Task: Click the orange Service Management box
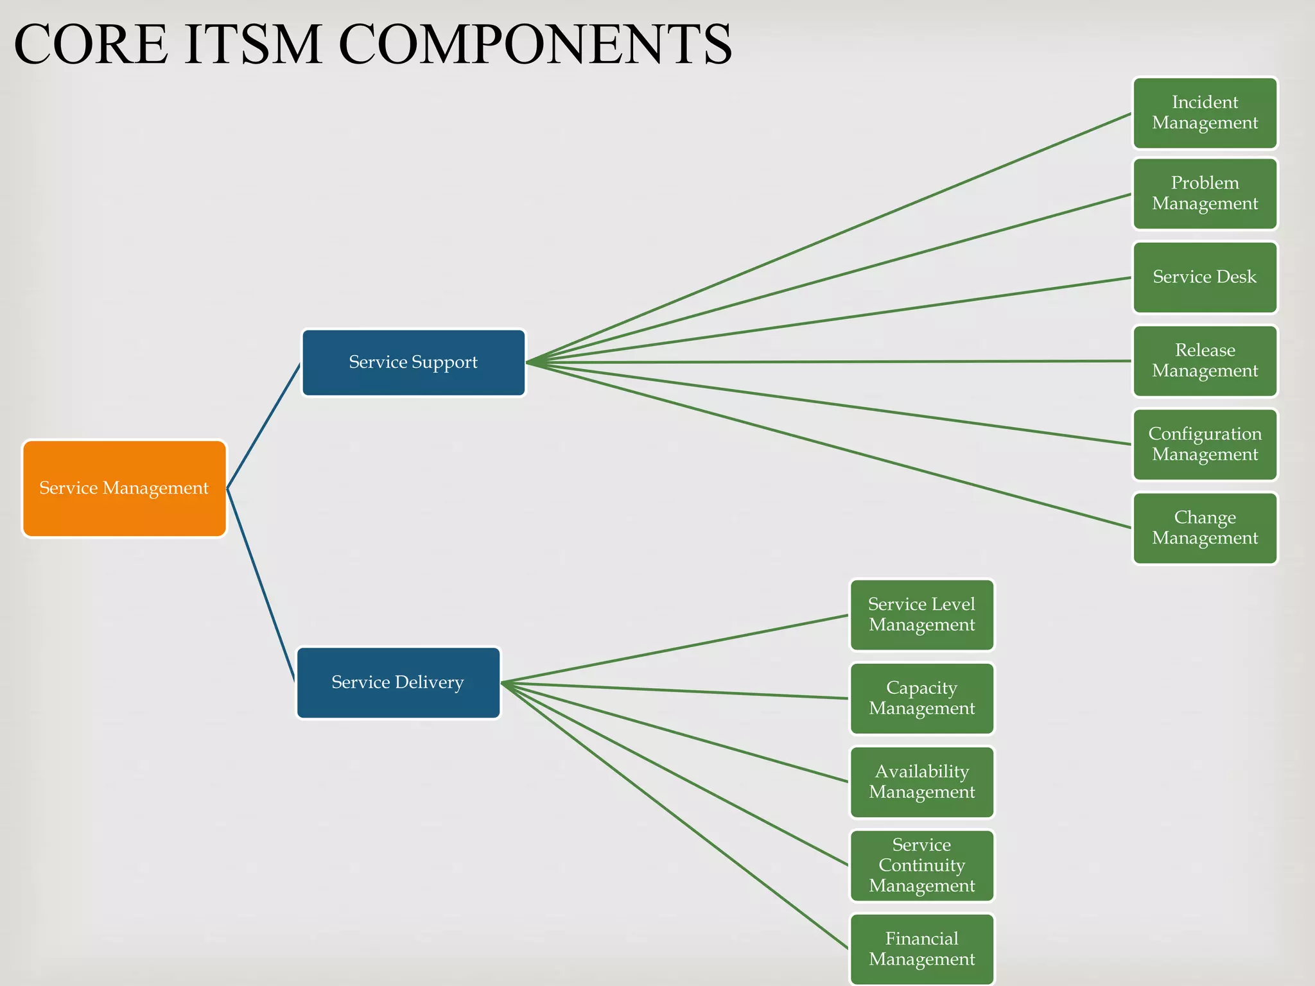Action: coord(125,489)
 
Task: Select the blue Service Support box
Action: coord(414,363)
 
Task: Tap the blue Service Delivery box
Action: coord(398,682)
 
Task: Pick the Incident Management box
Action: coord(1205,113)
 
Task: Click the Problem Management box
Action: coord(1205,193)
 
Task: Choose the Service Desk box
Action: coord(1205,277)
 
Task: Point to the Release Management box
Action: coord(1205,361)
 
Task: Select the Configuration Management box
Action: coord(1205,444)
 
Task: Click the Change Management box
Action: coord(1205,528)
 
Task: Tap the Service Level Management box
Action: coord(921,615)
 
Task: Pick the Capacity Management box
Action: coord(921,698)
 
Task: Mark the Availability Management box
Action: coord(921,782)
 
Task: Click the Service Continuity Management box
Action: coord(921,865)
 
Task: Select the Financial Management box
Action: coord(921,949)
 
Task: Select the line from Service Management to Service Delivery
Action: coord(261,585)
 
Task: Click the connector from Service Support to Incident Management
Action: coord(828,238)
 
